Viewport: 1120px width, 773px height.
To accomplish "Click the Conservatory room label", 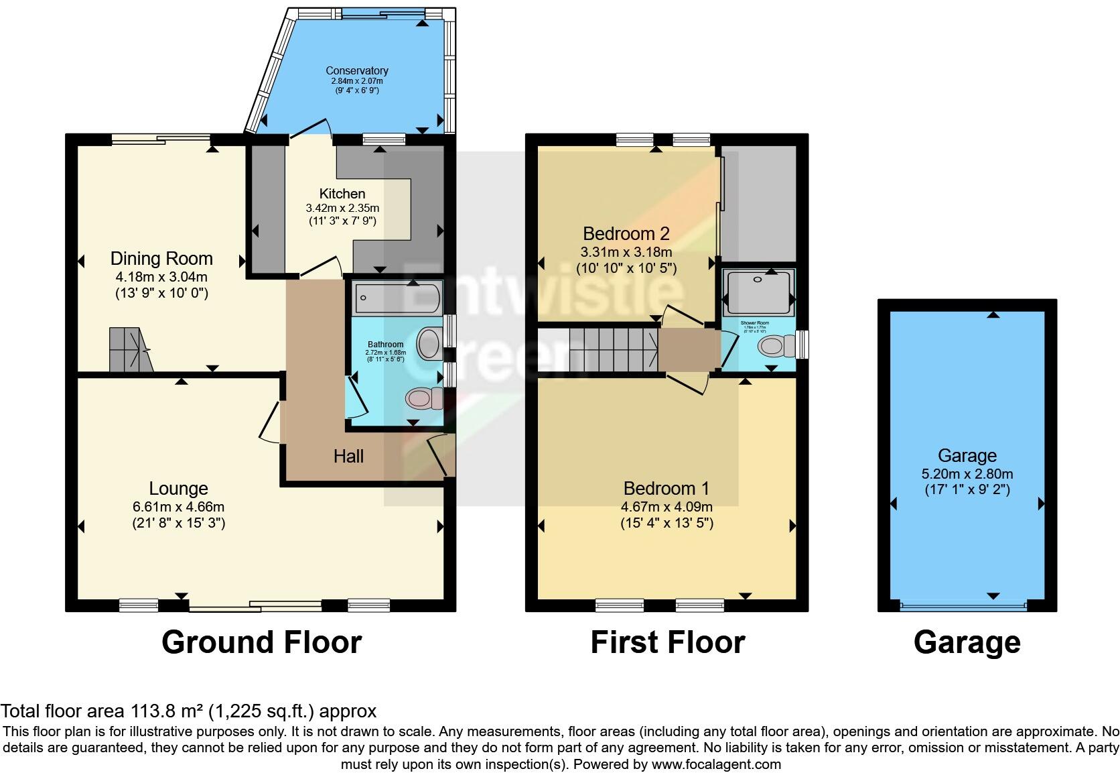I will [x=357, y=70].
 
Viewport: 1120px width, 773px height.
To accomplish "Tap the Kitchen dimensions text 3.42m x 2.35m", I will [x=342, y=208].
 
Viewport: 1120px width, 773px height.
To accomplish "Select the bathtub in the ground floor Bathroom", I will [x=397, y=297].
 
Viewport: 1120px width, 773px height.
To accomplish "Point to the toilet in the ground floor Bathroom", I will [x=425, y=398].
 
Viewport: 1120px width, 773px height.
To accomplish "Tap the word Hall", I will [x=348, y=457].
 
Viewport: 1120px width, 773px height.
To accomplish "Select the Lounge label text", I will [x=178, y=489].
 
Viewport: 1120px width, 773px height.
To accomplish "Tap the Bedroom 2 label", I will [x=626, y=233].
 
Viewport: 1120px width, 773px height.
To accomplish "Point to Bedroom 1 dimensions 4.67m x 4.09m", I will [x=667, y=507].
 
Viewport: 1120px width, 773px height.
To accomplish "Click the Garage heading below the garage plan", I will [x=967, y=642].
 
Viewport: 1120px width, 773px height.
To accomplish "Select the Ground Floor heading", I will [x=261, y=642].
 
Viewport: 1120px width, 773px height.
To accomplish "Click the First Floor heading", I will [x=667, y=642].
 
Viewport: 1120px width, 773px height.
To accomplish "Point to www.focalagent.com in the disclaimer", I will [x=715, y=764].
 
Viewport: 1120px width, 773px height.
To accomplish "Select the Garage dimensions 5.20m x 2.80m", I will [x=967, y=473].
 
